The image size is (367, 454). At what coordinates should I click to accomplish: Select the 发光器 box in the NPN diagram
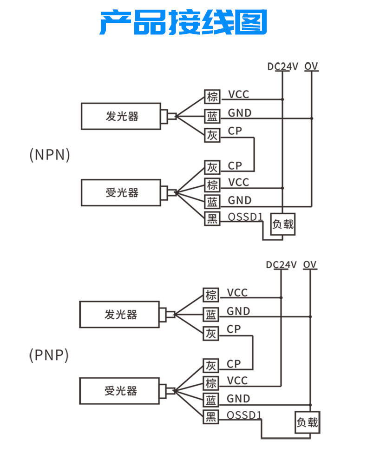(121, 116)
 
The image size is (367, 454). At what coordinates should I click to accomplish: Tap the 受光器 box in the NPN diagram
(121, 192)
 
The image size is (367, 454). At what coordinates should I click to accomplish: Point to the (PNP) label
(48, 355)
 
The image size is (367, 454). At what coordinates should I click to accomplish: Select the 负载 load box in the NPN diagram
(283, 224)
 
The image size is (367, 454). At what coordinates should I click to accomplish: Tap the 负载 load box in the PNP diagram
(308, 422)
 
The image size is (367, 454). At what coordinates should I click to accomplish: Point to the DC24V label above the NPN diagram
(282, 66)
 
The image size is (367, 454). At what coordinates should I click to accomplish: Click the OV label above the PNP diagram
(310, 265)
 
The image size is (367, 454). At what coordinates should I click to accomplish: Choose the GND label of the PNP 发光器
(238, 311)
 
